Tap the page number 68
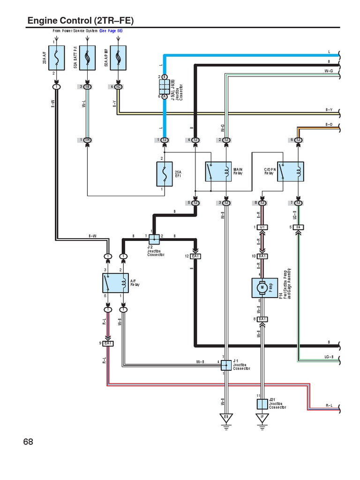(x=29, y=442)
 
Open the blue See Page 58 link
(x=111, y=31)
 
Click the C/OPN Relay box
(x=291, y=172)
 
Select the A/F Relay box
(x=116, y=284)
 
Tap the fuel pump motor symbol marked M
(x=263, y=286)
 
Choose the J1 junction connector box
(x=226, y=365)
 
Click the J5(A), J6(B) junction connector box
(x=165, y=86)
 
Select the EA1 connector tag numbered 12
(x=195, y=256)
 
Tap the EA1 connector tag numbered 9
(x=108, y=344)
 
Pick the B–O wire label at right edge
(x=329, y=124)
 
